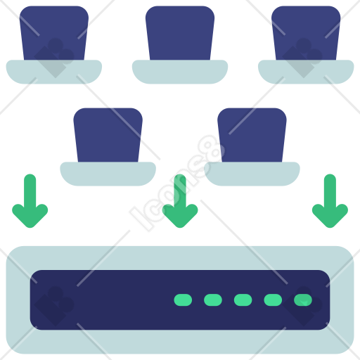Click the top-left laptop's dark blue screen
(54, 33)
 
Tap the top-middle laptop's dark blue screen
(180, 33)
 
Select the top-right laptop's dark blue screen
(306, 33)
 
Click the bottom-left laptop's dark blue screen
(108, 135)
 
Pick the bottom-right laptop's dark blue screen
(252, 135)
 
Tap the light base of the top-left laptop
(54, 72)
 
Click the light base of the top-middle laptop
(180, 72)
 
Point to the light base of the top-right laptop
(306, 72)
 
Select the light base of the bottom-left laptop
(108, 174)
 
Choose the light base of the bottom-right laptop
(252, 174)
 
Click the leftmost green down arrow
(30, 200)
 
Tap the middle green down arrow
(180, 200)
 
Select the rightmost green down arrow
(330, 200)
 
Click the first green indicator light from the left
(183, 300)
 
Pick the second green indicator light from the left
(213, 300)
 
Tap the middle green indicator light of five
(243, 300)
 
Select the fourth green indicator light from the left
(273, 300)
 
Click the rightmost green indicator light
(303, 300)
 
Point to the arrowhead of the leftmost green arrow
(30, 217)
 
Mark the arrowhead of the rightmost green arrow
(330, 217)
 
